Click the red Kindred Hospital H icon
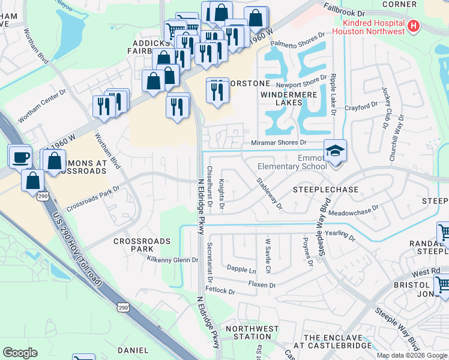413,26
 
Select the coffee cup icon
20,157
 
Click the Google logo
20,353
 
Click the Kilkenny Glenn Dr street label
172,260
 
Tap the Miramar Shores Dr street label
279,143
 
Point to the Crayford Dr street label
360,107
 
